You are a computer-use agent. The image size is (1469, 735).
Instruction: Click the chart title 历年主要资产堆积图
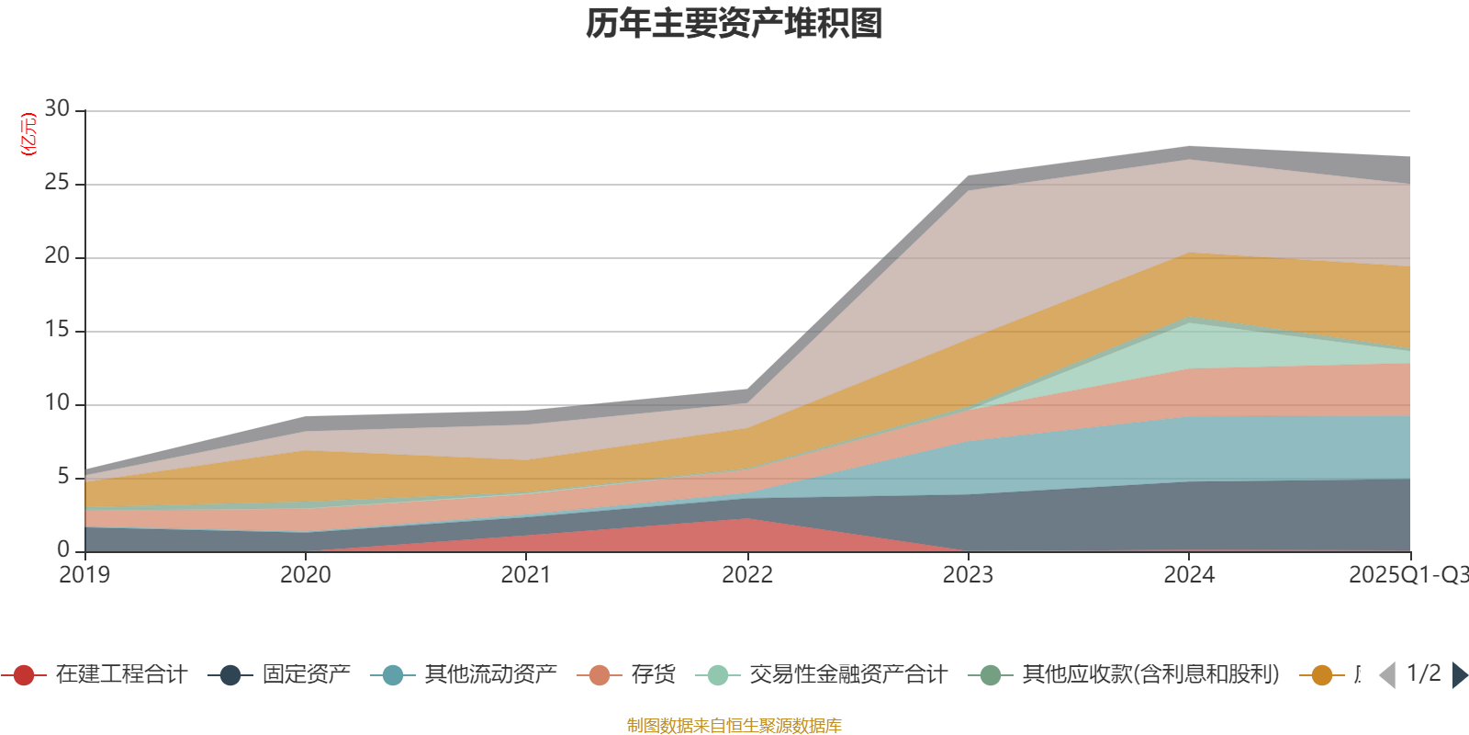(x=734, y=24)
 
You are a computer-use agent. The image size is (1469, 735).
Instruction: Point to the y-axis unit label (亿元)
(x=28, y=134)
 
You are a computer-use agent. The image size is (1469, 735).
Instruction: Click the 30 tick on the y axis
(x=57, y=109)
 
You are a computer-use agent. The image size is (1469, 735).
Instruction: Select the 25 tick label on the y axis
(x=57, y=183)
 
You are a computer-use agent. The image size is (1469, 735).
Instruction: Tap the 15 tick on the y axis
(x=57, y=330)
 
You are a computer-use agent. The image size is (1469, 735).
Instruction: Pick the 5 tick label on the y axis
(x=63, y=477)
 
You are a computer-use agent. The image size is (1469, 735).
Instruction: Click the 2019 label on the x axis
(x=84, y=575)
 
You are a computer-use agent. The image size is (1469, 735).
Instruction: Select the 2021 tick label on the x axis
(x=526, y=575)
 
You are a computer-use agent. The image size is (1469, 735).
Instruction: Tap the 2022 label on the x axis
(x=747, y=575)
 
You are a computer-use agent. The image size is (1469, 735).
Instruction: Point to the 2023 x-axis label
(x=968, y=575)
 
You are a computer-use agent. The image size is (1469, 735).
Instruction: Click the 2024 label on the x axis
(x=1189, y=575)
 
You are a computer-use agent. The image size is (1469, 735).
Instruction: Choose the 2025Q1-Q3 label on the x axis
(x=1407, y=575)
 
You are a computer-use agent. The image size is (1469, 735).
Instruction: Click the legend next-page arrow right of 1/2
(x=1459, y=675)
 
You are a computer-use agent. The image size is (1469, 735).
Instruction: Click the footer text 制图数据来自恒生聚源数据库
(x=734, y=726)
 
